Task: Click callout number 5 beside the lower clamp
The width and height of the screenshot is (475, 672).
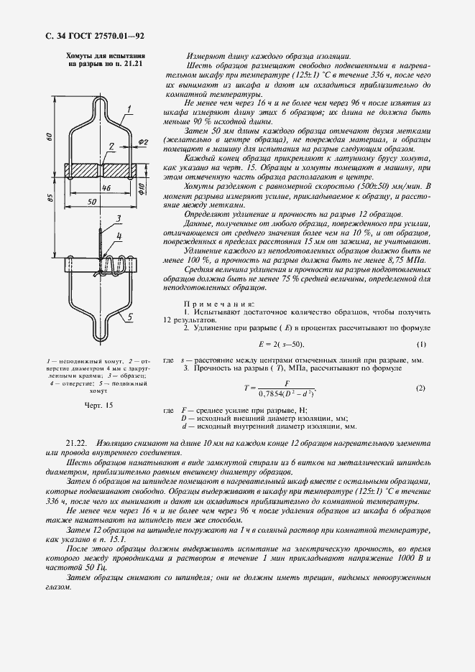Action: [x=127, y=315]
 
